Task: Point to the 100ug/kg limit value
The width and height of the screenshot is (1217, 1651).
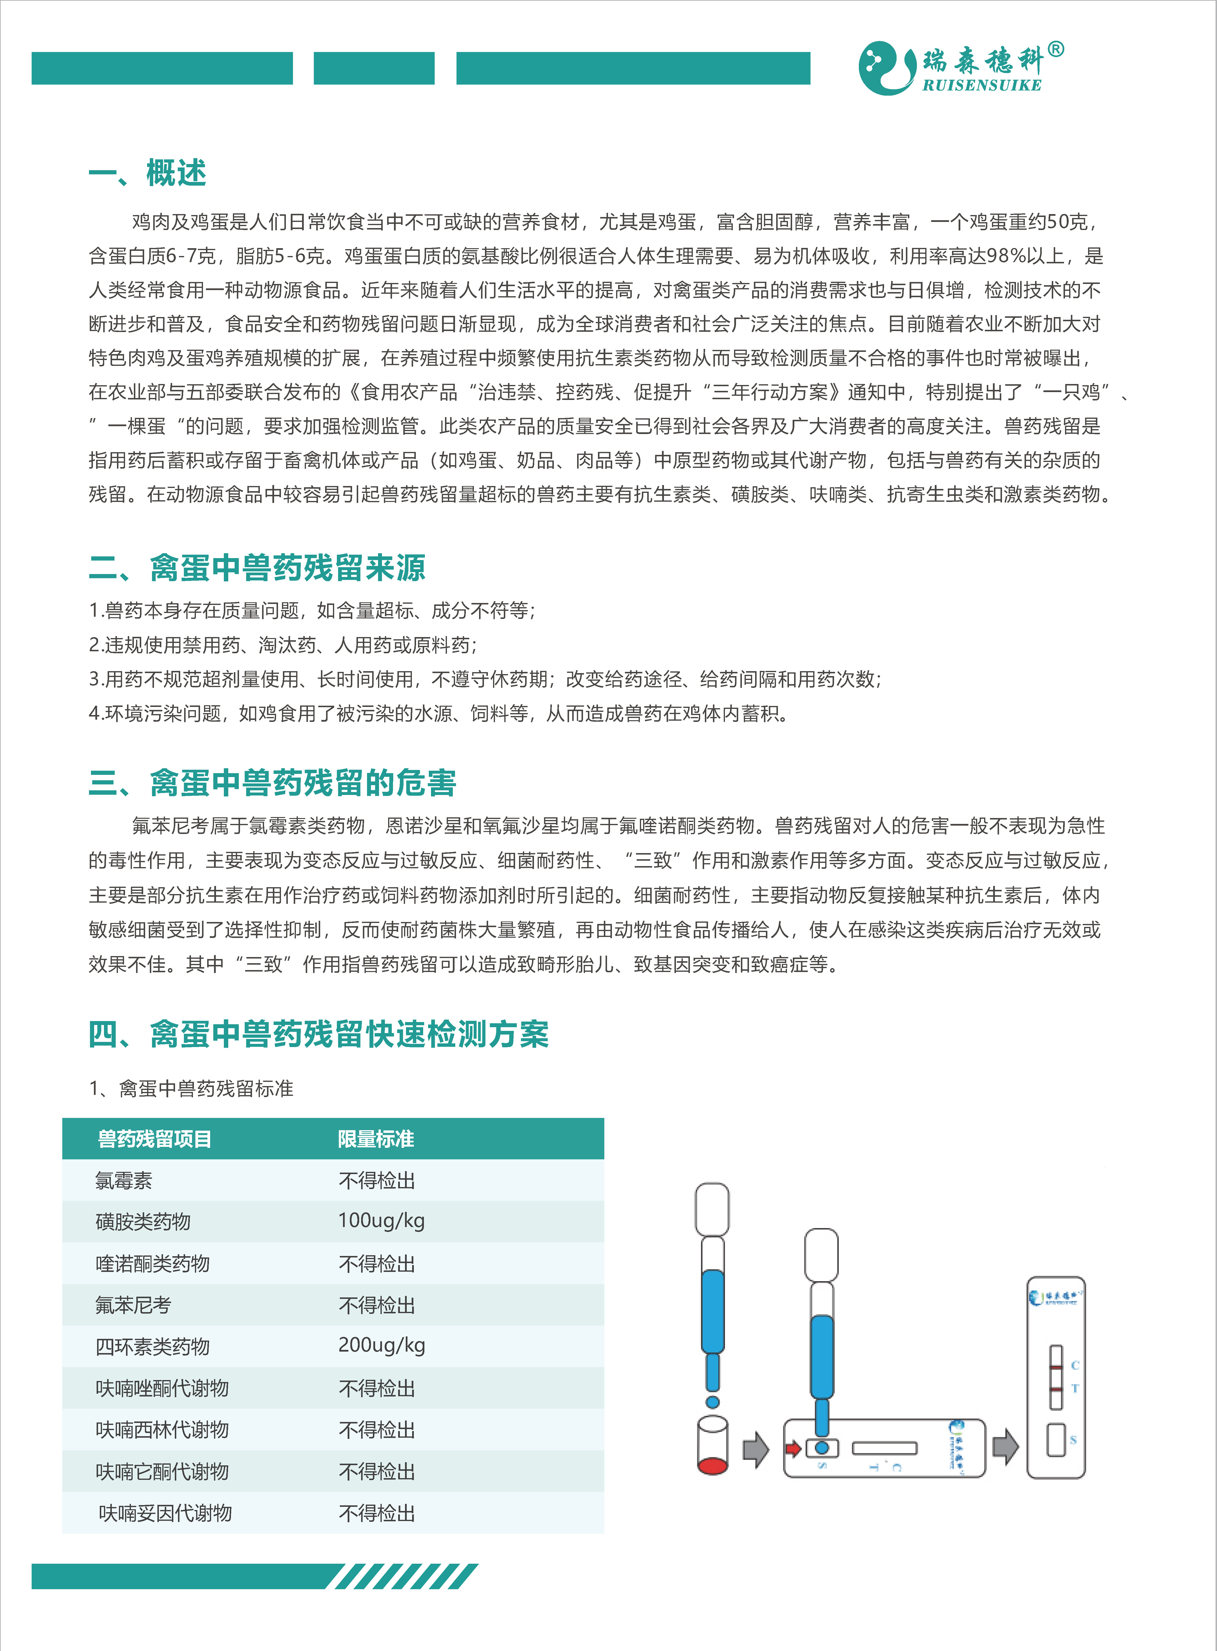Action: [381, 1221]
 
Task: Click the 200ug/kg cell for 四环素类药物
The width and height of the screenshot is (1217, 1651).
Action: [381, 1345]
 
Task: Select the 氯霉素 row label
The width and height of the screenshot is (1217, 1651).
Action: [124, 1181]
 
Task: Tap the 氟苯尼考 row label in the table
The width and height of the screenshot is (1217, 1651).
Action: [133, 1305]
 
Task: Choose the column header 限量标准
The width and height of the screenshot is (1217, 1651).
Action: [376, 1139]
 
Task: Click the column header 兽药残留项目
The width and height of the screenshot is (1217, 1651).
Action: [155, 1139]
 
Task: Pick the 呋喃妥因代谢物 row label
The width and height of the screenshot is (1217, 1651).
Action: [165, 1513]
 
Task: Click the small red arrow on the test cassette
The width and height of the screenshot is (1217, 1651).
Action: [793, 1449]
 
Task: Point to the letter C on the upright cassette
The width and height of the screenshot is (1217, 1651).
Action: [1075, 1365]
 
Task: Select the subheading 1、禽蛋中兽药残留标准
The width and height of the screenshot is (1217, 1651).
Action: [191, 1089]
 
